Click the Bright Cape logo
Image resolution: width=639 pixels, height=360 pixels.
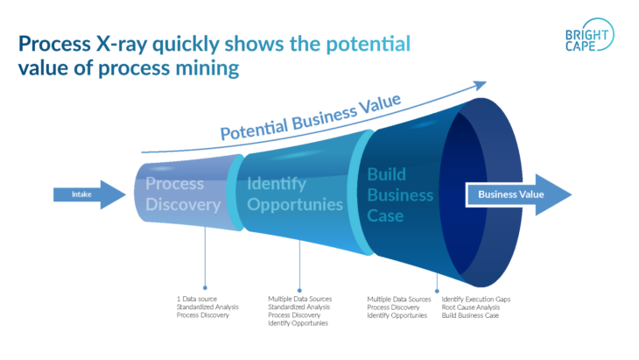[x=588, y=37]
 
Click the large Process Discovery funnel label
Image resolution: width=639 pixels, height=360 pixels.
[x=182, y=194]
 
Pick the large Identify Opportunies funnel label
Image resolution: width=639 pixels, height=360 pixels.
[x=294, y=194]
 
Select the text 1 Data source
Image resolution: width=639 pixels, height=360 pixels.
[x=198, y=300]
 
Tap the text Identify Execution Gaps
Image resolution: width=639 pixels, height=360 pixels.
[x=476, y=300]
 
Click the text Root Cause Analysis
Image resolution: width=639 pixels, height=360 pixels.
[x=472, y=307]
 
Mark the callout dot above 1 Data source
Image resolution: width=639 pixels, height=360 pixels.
[x=205, y=286]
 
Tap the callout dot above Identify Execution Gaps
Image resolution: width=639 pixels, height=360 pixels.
[x=437, y=287]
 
